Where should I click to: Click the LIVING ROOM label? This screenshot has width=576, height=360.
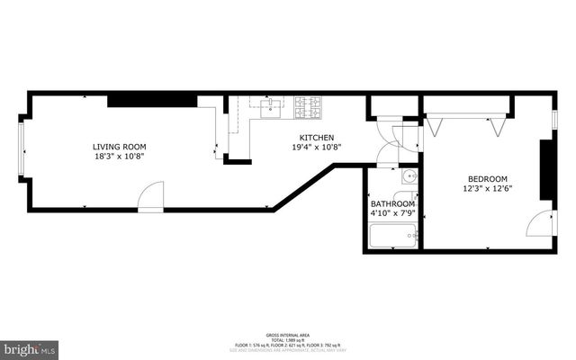coord(119,147)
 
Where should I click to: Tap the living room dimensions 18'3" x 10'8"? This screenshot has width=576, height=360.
coord(119,157)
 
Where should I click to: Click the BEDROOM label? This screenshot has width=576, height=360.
coord(488,178)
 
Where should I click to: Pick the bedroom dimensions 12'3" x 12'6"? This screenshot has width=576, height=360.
coord(488,189)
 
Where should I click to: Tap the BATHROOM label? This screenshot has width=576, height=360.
coord(392,204)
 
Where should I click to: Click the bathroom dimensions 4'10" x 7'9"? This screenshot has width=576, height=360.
coord(392,214)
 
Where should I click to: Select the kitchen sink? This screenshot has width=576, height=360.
coord(269,110)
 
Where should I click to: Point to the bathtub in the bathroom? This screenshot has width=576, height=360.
coord(393,237)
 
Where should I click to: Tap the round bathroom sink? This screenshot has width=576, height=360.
coord(408,176)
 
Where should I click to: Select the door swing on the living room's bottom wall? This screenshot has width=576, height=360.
coord(151,197)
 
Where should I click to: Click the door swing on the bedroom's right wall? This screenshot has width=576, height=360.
coord(543,223)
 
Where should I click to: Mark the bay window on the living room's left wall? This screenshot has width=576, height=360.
coord(22,152)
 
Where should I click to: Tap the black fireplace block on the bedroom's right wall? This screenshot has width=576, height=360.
coord(544,170)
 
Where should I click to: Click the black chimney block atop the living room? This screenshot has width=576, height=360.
coord(152,100)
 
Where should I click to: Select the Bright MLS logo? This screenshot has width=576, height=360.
coord(29,347)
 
